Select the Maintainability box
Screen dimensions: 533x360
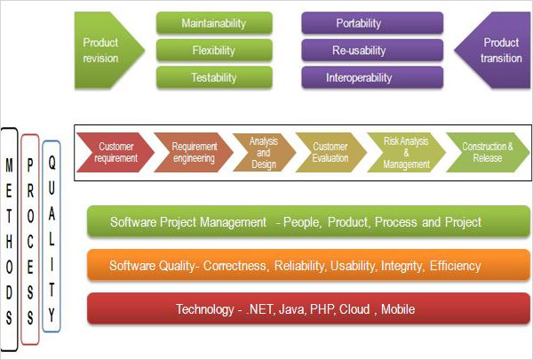point(214,23)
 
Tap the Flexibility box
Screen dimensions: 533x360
point(214,51)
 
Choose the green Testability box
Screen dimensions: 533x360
point(214,77)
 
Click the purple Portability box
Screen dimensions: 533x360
point(372,23)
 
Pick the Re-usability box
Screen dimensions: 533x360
point(372,51)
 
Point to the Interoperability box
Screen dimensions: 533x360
point(372,77)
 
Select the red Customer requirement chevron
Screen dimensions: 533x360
point(115,152)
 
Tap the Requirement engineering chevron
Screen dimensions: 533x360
point(194,152)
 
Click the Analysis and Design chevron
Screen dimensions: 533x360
point(264,152)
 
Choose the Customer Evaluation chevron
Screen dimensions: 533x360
point(330,152)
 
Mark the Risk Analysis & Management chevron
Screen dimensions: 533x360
point(406,152)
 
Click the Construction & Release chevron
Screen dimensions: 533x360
point(488,152)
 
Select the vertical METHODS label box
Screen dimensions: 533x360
point(9,239)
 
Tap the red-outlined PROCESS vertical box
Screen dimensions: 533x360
point(30,239)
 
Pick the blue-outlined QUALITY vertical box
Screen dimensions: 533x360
point(52,236)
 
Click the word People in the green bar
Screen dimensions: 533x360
point(302,222)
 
